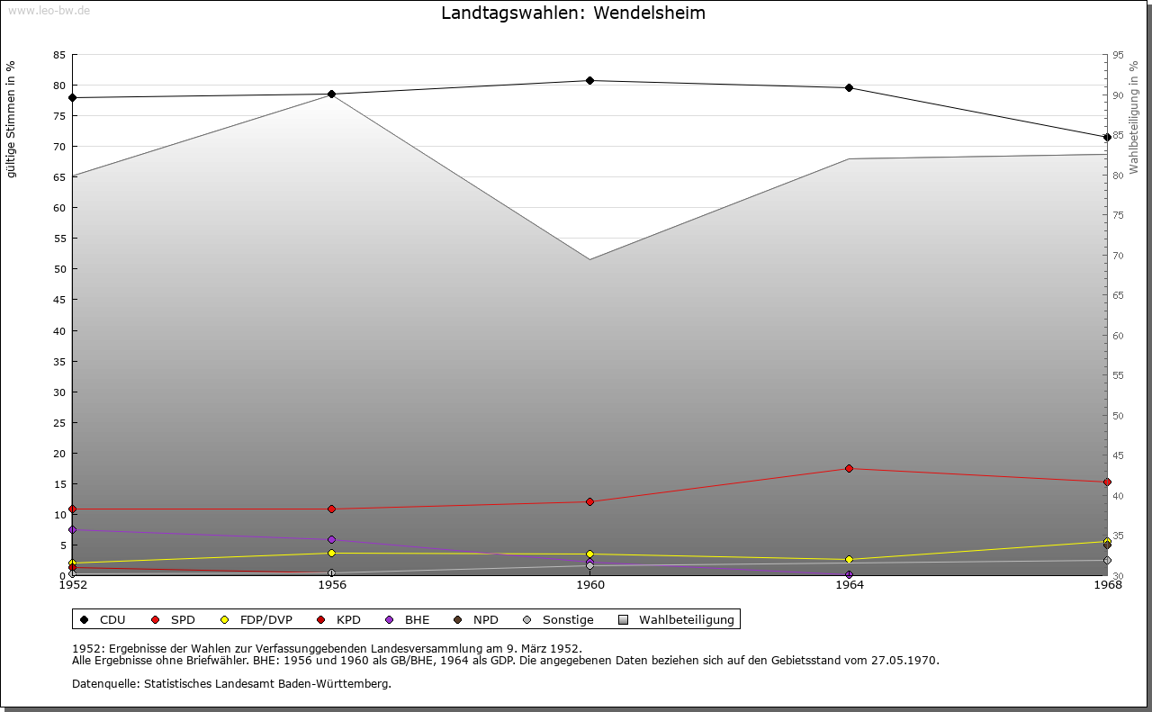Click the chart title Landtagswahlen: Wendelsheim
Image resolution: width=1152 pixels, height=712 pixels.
(x=573, y=14)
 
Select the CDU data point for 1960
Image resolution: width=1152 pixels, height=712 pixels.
(x=590, y=81)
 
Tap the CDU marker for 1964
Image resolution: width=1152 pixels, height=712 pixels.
(x=849, y=88)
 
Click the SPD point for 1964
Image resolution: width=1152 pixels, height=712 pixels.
(x=849, y=468)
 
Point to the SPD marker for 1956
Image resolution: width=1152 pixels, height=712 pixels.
(x=332, y=509)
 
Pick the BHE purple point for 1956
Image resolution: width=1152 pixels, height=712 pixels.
(x=332, y=540)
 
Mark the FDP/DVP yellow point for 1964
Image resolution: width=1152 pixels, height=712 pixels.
(x=849, y=560)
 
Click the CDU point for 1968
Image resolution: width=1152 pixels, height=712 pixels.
(x=1107, y=138)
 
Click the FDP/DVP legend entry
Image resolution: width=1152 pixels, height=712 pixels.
(x=256, y=620)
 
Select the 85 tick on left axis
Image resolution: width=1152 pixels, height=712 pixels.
(x=59, y=55)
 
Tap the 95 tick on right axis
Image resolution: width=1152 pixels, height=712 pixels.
(x=1118, y=55)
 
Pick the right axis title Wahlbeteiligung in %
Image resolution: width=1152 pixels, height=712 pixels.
(x=1134, y=117)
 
